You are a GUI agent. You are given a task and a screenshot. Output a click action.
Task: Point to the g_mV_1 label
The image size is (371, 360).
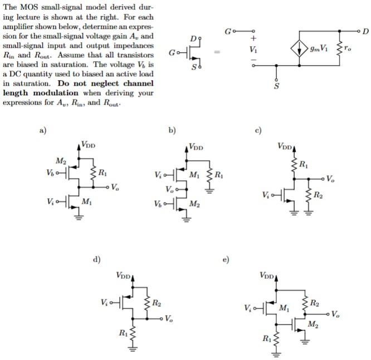pos(321,48)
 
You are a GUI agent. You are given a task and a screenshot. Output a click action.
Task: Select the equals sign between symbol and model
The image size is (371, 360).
pos(218,53)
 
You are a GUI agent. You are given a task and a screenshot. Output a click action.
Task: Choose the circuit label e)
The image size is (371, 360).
pos(227,260)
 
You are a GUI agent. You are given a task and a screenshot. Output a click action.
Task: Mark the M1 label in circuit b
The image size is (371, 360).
pos(194,174)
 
